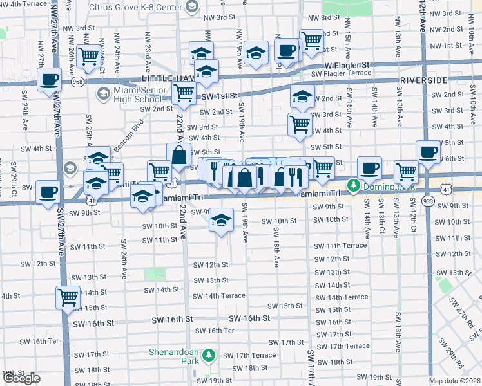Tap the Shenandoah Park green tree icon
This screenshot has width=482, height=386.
(208, 355)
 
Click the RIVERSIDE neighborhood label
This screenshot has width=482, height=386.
(423, 80)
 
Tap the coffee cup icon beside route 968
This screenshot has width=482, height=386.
(48, 80)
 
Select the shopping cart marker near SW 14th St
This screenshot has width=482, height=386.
(68, 297)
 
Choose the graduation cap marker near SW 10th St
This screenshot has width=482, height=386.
(221, 221)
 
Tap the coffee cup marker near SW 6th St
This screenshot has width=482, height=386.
(428, 152)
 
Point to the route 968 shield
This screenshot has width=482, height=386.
(78, 82)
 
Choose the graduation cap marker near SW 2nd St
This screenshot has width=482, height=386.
(302, 96)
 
